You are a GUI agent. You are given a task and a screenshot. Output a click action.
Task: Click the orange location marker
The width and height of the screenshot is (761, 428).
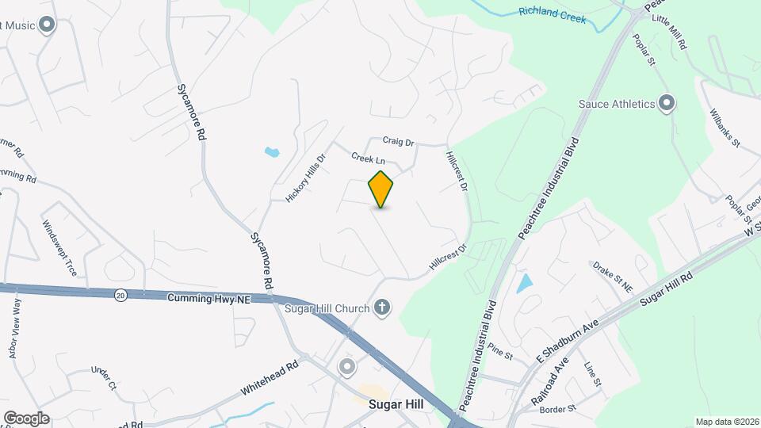point(381,189)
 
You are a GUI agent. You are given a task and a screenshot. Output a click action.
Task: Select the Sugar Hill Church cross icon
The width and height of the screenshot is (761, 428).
point(383,307)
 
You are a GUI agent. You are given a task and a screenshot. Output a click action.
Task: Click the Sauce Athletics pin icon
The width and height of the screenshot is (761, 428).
point(667,103)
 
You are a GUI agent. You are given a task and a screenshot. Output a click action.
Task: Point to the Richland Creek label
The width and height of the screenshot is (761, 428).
point(552,14)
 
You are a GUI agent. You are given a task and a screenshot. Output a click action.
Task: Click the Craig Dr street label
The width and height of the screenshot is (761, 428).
point(399,143)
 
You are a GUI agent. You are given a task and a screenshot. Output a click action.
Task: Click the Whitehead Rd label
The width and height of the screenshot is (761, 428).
point(271,379)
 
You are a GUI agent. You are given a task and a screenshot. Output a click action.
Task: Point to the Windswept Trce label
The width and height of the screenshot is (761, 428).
point(60,248)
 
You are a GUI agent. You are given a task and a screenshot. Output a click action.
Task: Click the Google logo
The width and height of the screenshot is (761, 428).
point(26,418)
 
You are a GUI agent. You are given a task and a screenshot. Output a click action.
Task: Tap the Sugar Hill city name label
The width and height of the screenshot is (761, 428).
point(396,404)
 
